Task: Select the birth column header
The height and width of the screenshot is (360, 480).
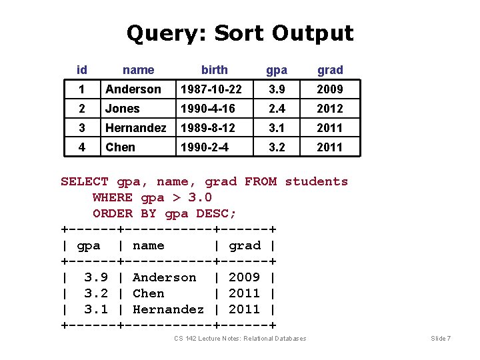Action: coord(214,70)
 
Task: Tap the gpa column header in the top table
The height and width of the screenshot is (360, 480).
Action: coord(277,70)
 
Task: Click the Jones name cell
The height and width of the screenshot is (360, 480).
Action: coord(123,109)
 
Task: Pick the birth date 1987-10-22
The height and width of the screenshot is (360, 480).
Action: coord(211,89)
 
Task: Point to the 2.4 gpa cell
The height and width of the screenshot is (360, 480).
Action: coord(277,109)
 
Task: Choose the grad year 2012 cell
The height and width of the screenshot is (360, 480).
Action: coord(330,109)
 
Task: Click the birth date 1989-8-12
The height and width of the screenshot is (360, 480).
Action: coord(207,128)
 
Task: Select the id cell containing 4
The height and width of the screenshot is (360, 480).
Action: coord(82,147)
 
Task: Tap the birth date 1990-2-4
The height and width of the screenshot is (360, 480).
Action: coord(204,147)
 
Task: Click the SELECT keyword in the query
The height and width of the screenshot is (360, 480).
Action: coord(85,181)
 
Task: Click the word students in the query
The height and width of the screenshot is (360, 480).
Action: coord(317,181)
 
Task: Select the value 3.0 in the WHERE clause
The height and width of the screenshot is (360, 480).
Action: coord(200,197)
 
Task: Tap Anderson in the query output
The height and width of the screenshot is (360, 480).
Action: coord(165,277)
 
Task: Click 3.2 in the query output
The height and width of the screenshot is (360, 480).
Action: coord(97,293)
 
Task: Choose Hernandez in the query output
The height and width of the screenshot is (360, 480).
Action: coord(168,309)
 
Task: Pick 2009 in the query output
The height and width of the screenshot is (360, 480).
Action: coord(245,277)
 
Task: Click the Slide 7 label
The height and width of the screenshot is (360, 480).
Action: coord(441,339)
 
